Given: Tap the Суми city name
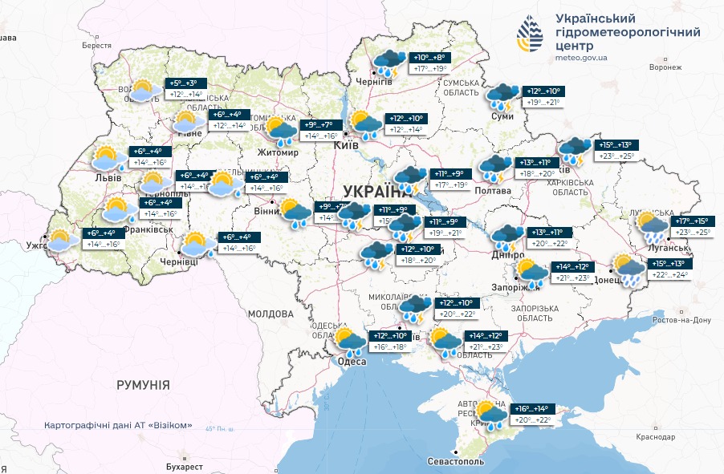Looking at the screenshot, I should (502, 116).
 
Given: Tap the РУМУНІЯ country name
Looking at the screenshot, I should (143, 385).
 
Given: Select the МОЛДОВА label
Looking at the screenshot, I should (270, 313).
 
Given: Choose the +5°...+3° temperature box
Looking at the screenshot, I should (186, 83).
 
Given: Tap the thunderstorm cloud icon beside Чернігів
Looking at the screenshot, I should (391, 61).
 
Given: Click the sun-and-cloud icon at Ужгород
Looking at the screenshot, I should (61, 240).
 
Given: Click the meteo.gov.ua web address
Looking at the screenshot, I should (581, 58).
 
